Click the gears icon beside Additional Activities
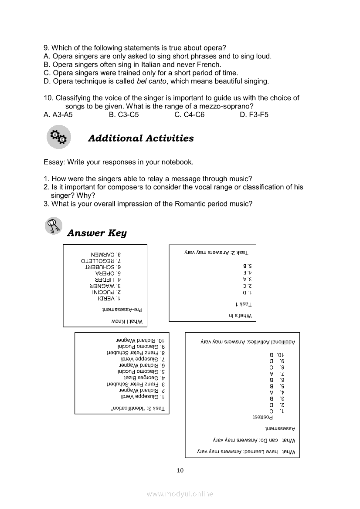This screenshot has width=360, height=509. click(58, 137)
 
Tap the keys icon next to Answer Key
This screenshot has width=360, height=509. click(54, 226)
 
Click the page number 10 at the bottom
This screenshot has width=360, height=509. click(180, 470)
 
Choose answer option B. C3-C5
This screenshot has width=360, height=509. click(124, 115)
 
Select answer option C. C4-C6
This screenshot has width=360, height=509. click(189, 115)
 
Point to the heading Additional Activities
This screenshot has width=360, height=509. click(141, 138)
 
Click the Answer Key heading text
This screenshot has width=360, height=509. click(97, 233)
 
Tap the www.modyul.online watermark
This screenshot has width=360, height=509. click(180, 494)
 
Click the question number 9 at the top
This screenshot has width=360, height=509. click(46, 48)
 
